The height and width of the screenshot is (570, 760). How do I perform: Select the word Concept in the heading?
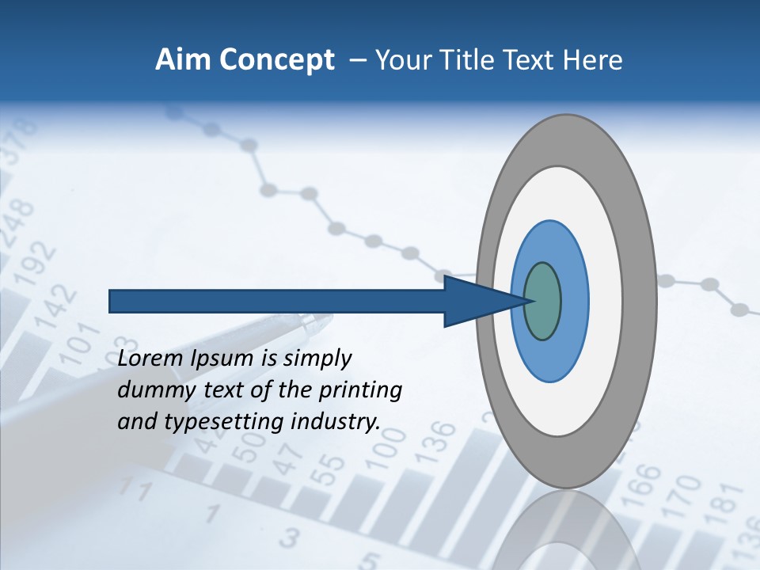(x=277, y=60)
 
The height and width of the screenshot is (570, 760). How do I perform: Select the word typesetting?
(x=224, y=423)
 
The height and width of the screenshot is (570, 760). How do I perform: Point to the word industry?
(x=335, y=422)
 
